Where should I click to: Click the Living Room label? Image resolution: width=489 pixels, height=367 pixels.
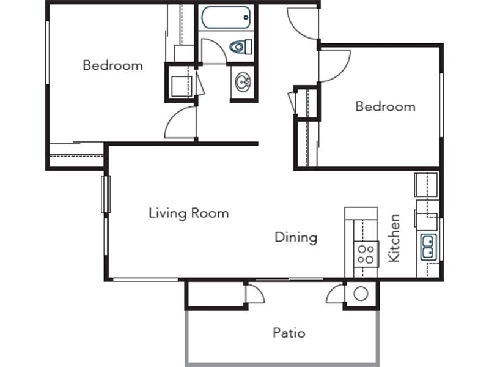(x=189, y=213)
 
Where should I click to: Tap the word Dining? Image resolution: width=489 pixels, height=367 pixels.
(x=296, y=237)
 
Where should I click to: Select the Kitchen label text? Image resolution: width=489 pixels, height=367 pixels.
(x=394, y=238)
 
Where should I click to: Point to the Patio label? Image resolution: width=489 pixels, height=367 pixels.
(x=289, y=333)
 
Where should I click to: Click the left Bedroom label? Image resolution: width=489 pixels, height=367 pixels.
(x=113, y=65)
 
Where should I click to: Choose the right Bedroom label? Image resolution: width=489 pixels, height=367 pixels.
(x=386, y=106)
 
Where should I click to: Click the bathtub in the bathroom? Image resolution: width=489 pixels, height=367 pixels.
(x=226, y=18)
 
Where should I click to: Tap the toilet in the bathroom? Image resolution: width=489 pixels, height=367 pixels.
(x=241, y=47)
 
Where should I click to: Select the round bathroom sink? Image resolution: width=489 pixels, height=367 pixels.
(x=243, y=83)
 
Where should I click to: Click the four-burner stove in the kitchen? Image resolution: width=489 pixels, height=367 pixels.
(x=366, y=254)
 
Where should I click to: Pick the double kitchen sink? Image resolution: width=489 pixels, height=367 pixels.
(x=428, y=247)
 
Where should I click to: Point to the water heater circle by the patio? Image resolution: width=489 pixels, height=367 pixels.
(x=361, y=294)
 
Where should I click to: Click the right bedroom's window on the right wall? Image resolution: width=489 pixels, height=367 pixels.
(x=441, y=105)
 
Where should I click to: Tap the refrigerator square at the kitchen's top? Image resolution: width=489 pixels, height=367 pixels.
(x=426, y=185)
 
